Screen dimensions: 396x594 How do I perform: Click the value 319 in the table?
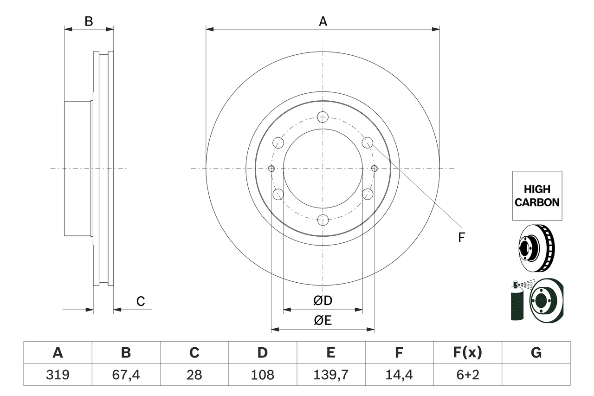point(58,375)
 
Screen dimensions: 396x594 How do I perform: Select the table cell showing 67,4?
point(126,375)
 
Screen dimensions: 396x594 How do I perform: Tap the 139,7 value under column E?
point(330,375)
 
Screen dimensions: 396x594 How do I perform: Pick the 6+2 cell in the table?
point(467,375)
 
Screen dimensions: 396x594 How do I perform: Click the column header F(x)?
point(467,353)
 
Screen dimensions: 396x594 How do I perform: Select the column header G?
point(536,353)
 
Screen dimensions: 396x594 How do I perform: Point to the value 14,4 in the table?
point(399,375)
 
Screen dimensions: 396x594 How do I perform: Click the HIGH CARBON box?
point(537,196)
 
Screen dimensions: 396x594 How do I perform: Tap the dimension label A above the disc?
point(323,21)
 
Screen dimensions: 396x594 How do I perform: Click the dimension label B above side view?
point(89,21)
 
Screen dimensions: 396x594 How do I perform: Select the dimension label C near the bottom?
point(141,301)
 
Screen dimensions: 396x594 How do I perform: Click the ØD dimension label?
point(323,301)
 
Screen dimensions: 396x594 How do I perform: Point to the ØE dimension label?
point(323,321)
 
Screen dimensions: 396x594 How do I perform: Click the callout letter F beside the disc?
point(461,238)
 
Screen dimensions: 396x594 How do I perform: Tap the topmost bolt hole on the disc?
point(323,117)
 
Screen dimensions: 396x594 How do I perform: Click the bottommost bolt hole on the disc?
point(323,220)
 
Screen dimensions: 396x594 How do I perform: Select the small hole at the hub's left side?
point(271,168)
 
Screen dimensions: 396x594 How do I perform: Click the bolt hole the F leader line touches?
point(368,143)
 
